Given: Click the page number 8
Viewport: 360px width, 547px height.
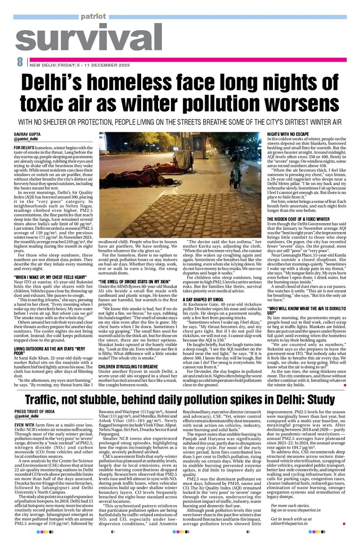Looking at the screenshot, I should point(20,62).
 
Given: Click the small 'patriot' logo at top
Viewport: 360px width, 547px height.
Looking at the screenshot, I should point(93,16).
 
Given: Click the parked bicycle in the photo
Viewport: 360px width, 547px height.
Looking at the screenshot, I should point(235,174).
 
